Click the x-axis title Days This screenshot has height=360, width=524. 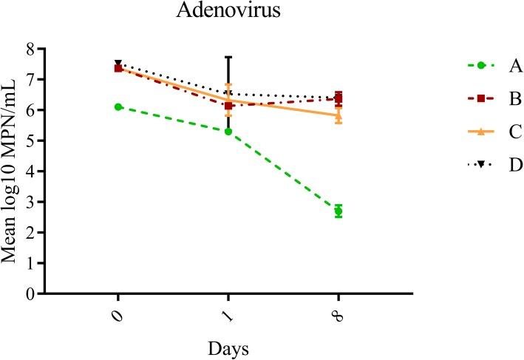[x=228, y=346]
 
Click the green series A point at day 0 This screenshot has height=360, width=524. [x=118, y=107]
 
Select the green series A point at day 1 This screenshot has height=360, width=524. [x=228, y=132]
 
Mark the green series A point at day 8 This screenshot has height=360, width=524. [x=338, y=211]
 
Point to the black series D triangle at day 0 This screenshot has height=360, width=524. [x=118, y=64]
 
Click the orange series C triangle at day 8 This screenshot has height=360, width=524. [x=338, y=115]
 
